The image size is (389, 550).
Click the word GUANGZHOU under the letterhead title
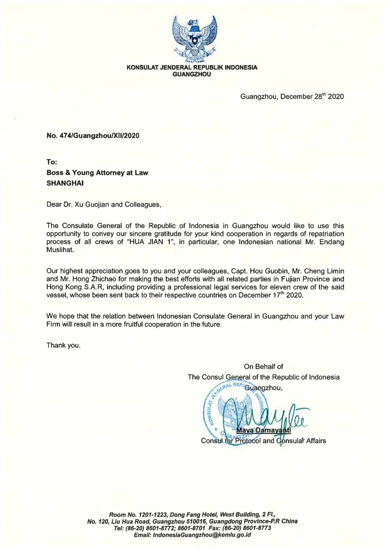[x=192, y=74]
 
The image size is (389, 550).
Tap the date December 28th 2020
[x=312, y=97]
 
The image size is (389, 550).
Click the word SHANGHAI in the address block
[x=65, y=183]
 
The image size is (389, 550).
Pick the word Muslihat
[x=60, y=250]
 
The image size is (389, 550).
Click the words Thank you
[x=63, y=345]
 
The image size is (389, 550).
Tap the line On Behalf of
[x=263, y=367]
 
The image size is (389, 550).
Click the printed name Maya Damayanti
[x=263, y=430]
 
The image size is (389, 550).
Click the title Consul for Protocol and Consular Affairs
[x=263, y=441]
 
